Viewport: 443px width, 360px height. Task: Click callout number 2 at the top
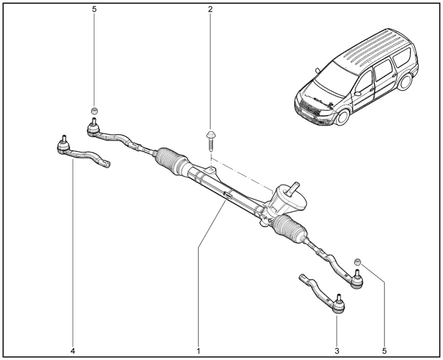pyautogui.click(x=211, y=9)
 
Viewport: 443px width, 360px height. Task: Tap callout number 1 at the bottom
pyautogui.click(x=198, y=350)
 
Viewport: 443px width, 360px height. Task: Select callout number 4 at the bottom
pyautogui.click(x=72, y=350)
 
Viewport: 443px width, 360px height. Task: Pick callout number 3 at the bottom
pyautogui.click(x=337, y=350)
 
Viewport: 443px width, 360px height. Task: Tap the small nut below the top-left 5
pyautogui.click(x=94, y=110)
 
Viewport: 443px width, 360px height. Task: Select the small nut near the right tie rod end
pyautogui.click(x=358, y=262)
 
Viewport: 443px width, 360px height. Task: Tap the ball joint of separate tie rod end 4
pyautogui.click(x=63, y=146)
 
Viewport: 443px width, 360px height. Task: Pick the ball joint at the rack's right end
pyautogui.click(x=357, y=281)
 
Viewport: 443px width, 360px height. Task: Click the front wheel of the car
pyautogui.click(x=342, y=117)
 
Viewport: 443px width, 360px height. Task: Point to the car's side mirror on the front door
pyautogui.click(x=357, y=92)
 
